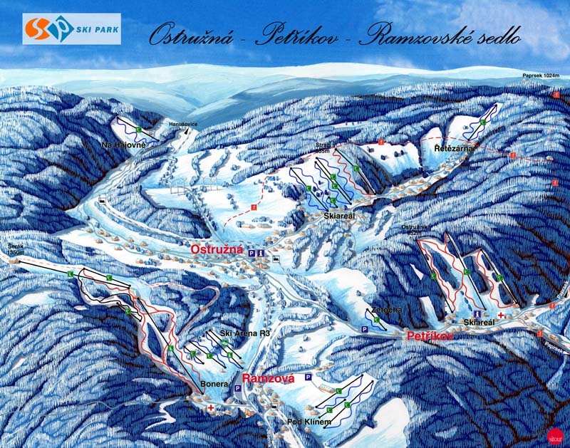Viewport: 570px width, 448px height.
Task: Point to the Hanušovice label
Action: (182, 125)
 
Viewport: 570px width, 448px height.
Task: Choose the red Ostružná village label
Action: (217, 250)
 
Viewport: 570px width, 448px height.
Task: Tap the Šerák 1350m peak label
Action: (16, 250)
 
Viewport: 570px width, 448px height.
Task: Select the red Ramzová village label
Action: (268, 379)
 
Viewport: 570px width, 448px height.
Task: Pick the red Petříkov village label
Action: (430, 335)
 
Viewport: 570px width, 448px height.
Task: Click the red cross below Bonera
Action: (211, 407)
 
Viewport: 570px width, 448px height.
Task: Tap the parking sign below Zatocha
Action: (364, 328)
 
